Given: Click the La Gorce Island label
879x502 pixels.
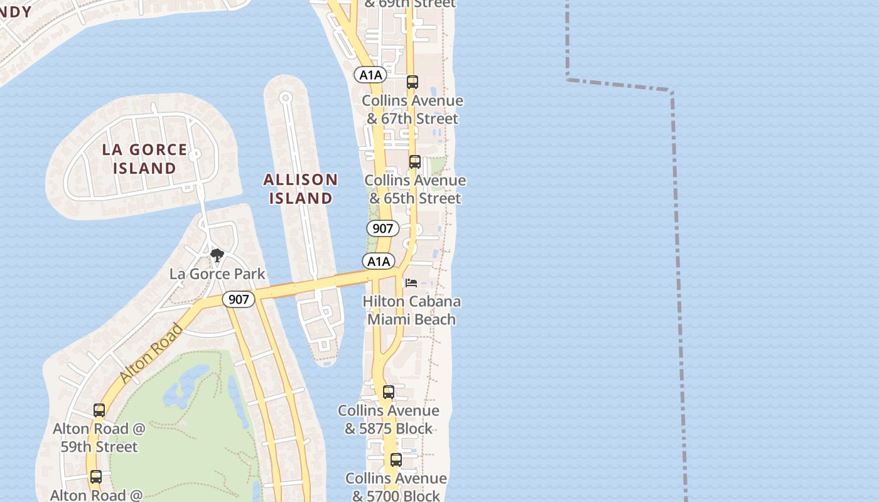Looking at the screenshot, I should point(144,159).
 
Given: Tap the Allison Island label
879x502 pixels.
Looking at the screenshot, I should point(300,189).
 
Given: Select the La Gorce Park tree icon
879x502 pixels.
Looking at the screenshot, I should point(217,255).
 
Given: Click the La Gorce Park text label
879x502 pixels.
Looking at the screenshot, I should point(217,274).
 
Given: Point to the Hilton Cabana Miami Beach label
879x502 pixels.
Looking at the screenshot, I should point(411,310).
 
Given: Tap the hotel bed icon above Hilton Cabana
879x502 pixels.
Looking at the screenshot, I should point(411,283).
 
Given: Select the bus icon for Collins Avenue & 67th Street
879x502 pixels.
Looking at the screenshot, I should point(412,82).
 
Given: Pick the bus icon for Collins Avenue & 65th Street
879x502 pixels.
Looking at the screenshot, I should point(414,162).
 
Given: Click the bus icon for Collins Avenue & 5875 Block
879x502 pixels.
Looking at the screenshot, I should point(389,393).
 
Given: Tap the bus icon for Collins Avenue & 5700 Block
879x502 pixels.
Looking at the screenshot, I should point(396,460).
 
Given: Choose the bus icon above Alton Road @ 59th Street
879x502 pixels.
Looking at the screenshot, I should point(99,410).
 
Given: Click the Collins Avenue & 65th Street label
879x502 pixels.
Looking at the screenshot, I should point(415,189).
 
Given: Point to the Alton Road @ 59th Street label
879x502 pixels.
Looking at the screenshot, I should point(99,437).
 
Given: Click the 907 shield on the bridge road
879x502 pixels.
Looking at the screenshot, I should point(239,299).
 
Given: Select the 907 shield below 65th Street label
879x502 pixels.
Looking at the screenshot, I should point(382,228).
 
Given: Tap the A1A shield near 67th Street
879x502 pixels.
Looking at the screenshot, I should point(370,75).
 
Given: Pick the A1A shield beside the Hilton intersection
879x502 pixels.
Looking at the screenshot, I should point(379,261).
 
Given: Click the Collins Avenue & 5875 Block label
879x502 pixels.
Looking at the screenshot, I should point(389,419).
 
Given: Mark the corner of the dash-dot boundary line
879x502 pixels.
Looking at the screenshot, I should point(672,92).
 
